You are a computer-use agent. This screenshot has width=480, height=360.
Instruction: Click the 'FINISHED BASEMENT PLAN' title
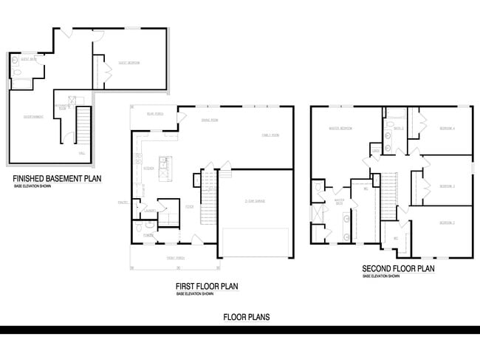pos(57,178)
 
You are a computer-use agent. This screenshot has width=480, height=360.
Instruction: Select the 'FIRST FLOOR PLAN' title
pos(206,286)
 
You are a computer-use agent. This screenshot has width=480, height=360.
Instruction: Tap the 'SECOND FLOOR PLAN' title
pos(398,269)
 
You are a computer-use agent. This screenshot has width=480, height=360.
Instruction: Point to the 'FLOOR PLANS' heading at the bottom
pos(247,317)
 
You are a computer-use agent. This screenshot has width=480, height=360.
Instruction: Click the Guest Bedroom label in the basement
pos(128,63)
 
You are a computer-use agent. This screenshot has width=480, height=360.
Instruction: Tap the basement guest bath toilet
pos(17,63)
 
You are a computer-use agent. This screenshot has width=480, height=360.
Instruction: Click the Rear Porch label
pos(154,114)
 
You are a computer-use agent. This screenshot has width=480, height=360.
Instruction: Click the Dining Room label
pos(210,120)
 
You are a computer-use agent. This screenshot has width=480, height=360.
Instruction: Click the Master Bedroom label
pos(340,129)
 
